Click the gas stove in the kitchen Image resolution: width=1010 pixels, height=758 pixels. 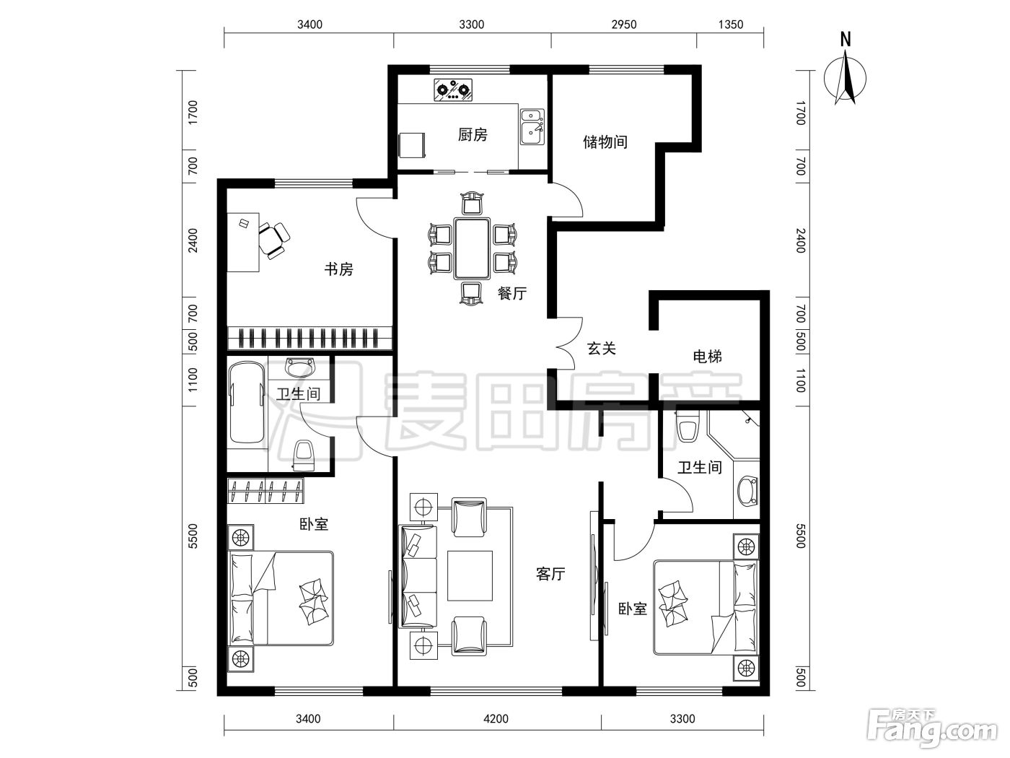pyautogui.click(x=453, y=90)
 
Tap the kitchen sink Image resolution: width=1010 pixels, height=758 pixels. pyautogui.click(x=532, y=126)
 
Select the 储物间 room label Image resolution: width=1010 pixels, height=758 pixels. pyautogui.click(x=605, y=141)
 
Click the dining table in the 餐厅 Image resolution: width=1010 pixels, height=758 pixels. pyautogui.click(x=472, y=248)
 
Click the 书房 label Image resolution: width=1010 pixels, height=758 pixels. pyautogui.click(x=338, y=269)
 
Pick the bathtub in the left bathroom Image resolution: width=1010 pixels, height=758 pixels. pyautogui.click(x=247, y=403)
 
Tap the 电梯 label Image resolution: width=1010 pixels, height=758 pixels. pyautogui.click(x=707, y=356)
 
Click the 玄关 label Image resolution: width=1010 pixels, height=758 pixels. pyautogui.click(x=602, y=349)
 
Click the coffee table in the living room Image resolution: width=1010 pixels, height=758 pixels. pyautogui.click(x=470, y=576)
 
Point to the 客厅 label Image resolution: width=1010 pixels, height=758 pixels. pyautogui.click(x=550, y=574)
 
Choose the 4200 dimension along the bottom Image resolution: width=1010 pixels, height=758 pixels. pyautogui.click(x=496, y=719)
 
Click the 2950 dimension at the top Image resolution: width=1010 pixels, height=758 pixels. pyautogui.click(x=624, y=25)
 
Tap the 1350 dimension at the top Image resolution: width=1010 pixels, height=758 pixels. pyautogui.click(x=731, y=25)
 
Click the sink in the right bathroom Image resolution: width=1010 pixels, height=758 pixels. pyautogui.click(x=747, y=491)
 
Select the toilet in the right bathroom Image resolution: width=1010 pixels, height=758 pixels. pyautogui.click(x=687, y=425)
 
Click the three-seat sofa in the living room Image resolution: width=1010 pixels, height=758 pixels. pyautogui.click(x=418, y=576)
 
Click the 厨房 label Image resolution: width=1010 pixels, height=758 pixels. pyautogui.click(x=473, y=135)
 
